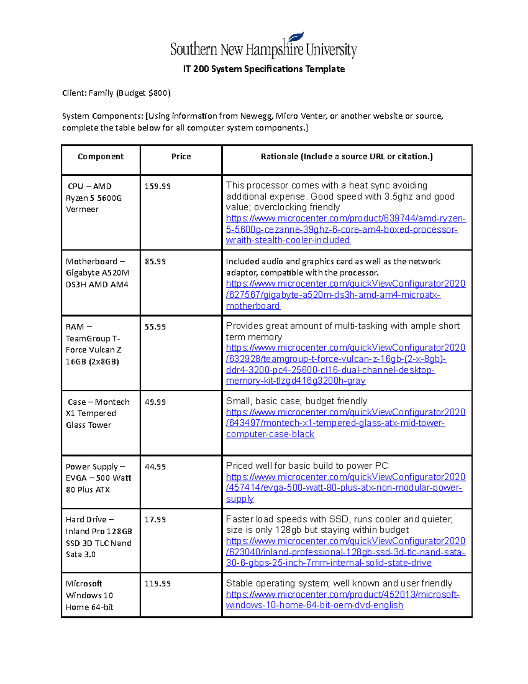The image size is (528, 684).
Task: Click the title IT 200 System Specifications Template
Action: click(x=264, y=69)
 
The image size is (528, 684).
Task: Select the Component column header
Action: click(x=100, y=156)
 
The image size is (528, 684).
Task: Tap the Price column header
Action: click(x=181, y=156)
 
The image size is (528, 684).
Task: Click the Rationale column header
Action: click(x=347, y=156)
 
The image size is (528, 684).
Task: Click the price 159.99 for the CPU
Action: click(x=158, y=186)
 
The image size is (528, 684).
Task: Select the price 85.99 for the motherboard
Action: click(x=155, y=262)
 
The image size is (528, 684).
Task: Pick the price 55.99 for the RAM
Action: click(x=155, y=327)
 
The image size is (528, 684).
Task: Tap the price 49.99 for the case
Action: click(x=155, y=402)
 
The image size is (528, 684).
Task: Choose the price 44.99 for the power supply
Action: click(x=155, y=467)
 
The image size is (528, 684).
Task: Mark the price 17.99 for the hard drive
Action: click(x=155, y=520)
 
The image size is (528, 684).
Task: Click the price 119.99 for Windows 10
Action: click(x=158, y=584)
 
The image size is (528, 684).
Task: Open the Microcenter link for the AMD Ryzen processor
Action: click(x=345, y=229)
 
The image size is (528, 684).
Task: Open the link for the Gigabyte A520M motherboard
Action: click(x=345, y=295)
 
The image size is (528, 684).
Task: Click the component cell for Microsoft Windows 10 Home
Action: click(x=90, y=595)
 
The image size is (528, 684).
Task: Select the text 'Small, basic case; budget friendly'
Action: click(x=297, y=401)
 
